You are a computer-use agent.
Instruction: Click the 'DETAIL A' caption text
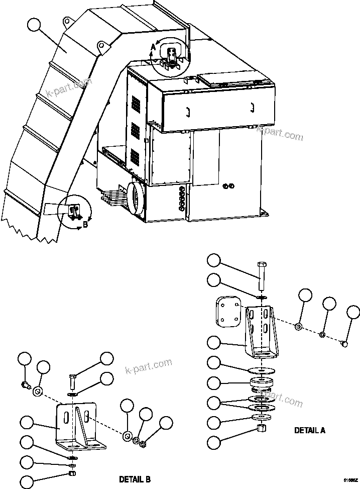click(x=310, y=430)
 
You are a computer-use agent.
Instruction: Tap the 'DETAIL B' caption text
click(x=135, y=479)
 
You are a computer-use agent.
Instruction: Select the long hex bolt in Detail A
click(x=261, y=276)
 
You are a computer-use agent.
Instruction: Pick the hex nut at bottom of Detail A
click(x=261, y=428)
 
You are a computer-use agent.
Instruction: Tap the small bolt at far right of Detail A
click(x=344, y=343)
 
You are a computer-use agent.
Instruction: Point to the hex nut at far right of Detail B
click(x=142, y=444)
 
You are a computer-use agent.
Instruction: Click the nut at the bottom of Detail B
click(x=72, y=473)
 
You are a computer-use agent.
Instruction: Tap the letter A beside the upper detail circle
click(x=153, y=47)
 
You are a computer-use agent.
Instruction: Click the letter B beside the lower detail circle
click(x=85, y=225)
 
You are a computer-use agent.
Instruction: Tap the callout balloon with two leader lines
click(x=214, y=402)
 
